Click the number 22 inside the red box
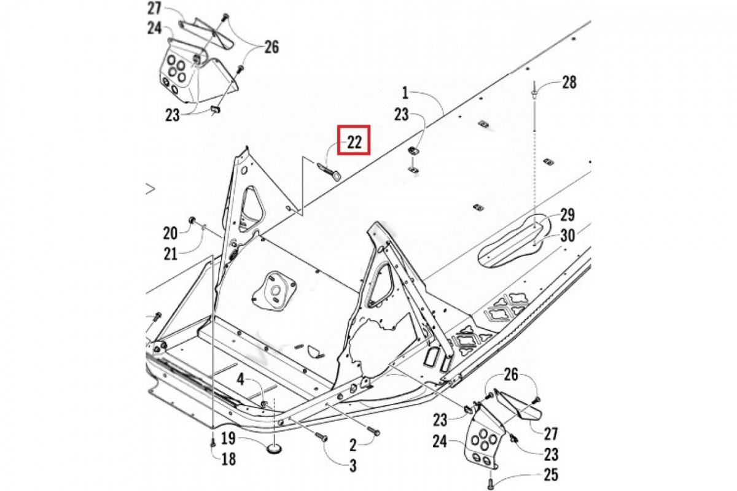(x=354, y=142)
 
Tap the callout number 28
(x=569, y=82)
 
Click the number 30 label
(x=567, y=234)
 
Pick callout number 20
(x=170, y=233)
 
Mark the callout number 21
(x=170, y=252)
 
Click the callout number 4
(x=242, y=381)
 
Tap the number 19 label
(x=228, y=438)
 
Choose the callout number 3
(x=353, y=466)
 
